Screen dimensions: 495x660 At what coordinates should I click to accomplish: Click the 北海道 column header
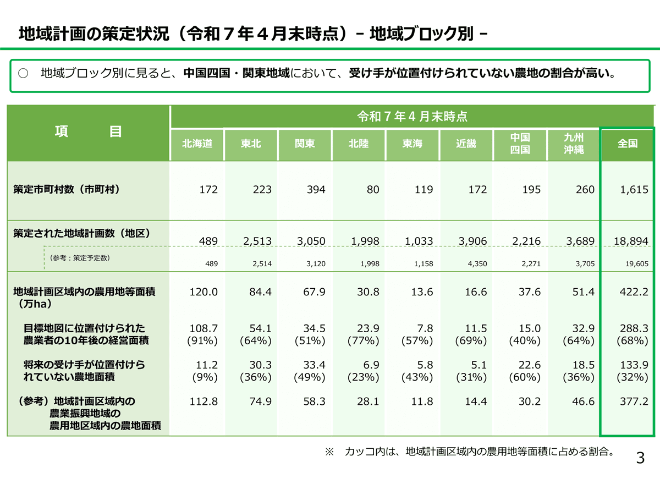pyautogui.click(x=197, y=144)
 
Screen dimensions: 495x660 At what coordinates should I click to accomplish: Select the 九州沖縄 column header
pyautogui.click(x=573, y=144)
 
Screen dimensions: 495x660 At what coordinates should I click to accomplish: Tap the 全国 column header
pyautogui.click(x=628, y=144)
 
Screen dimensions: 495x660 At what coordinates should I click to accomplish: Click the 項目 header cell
pyautogui.click(x=88, y=132)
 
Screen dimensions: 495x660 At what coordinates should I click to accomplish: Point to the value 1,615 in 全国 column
pyautogui.click(x=632, y=190)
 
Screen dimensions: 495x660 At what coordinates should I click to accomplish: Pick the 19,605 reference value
pyautogui.click(x=637, y=264)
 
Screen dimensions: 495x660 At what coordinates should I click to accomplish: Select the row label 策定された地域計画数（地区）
pyautogui.click(x=82, y=233)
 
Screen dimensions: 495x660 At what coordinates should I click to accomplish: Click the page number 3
pyautogui.click(x=640, y=458)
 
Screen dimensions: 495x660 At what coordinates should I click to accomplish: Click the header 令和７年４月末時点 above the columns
pyautogui.click(x=413, y=117)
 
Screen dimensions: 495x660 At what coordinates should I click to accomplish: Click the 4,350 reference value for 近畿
pyautogui.click(x=476, y=264)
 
